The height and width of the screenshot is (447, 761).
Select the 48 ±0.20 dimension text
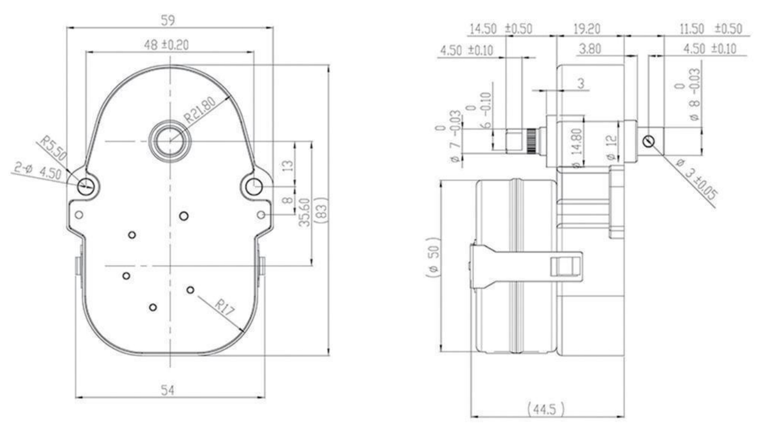pyautogui.click(x=170, y=43)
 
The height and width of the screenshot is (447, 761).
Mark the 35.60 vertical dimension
pyautogui.click(x=304, y=212)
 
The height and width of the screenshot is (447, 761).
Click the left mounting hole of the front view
pyautogui.click(x=86, y=185)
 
